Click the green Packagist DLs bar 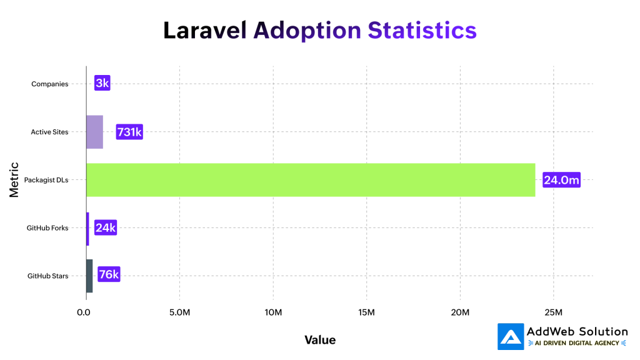[x=311, y=180]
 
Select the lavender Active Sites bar [x=94, y=132]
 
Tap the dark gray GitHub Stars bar [x=89, y=276]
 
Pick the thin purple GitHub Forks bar [x=87, y=228]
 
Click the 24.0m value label [x=562, y=180]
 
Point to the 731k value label [x=129, y=132]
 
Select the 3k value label [x=102, y=84]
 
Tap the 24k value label [x=105, y=228]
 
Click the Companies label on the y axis [x=49, y=84]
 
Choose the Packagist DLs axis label [x=46, y=181]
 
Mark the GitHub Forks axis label [x=47, y=228]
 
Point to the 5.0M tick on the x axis [x=179, y=312]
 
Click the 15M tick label [x=366, y=312]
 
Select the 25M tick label [x=553, y=312]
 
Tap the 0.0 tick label [x=86, y=312]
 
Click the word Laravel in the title [x=205, y=30]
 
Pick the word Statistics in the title [x=422, y=30]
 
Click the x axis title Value [x=320, y=340]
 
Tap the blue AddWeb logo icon [x=511, y=336]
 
